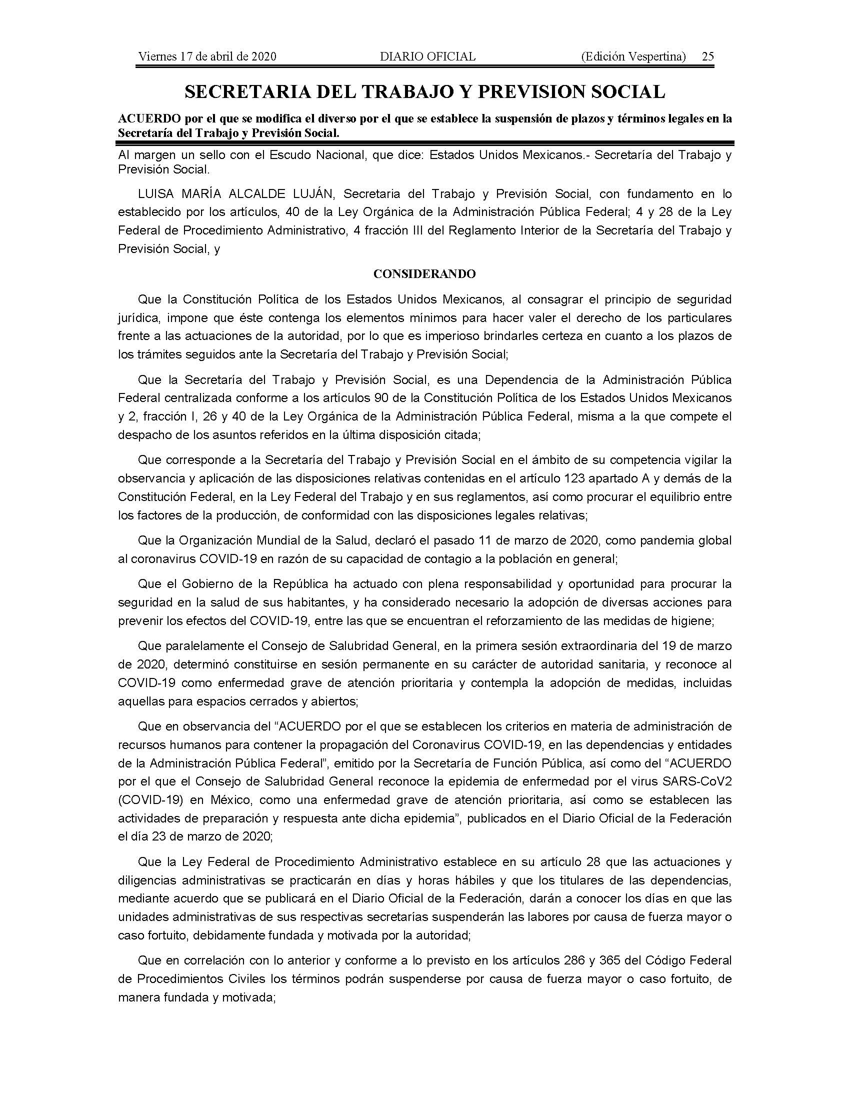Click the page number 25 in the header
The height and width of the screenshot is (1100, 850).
707,56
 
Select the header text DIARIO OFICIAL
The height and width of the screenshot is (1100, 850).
427,56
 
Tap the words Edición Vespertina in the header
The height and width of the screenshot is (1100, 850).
633,56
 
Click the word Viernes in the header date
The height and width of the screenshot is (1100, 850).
155,56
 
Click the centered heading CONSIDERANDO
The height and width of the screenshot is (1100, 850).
424,274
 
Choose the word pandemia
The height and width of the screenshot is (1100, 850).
658,540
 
